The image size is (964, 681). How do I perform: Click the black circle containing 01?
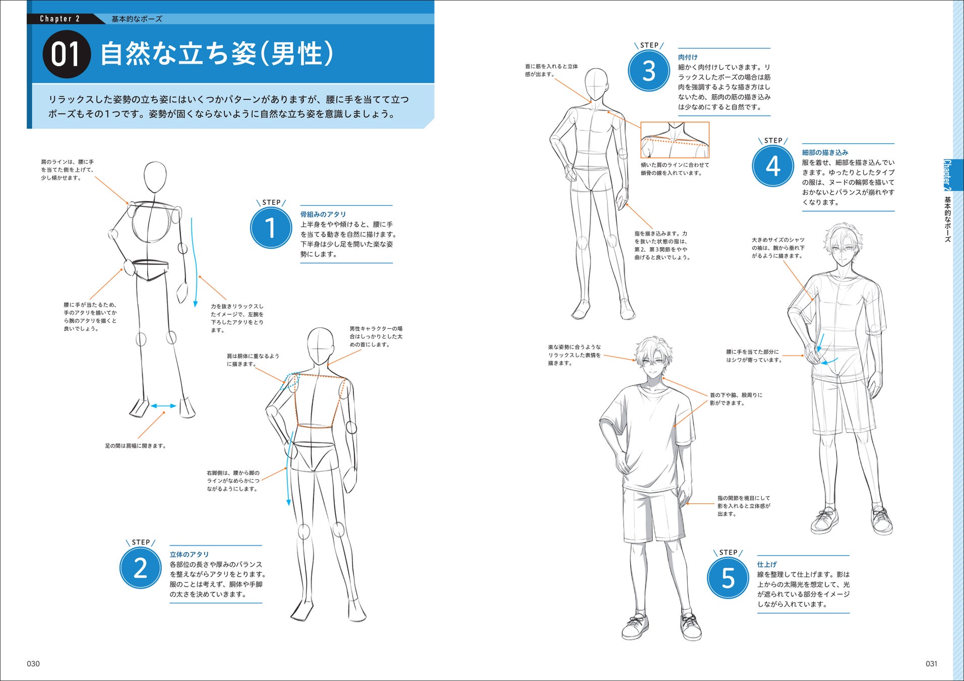click(x=66, y=54)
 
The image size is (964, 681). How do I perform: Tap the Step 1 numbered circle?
click(x=271, y=228)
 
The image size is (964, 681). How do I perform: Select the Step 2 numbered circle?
click(x=140, y=568)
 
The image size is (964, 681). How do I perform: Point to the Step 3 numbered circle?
click(x=649, y=71)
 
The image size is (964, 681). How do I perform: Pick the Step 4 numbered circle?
click(x=773, y=166)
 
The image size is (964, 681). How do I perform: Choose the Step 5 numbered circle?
click(x=728, y=578)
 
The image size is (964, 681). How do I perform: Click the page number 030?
click(x=33, y=664)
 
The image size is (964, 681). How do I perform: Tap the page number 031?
click(x=931, y=664)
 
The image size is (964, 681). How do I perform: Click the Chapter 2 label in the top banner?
click(x=60, y=19)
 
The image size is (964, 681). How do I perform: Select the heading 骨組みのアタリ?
click(x=323, y=214)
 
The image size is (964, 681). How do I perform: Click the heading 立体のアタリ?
click(x=189, y=554)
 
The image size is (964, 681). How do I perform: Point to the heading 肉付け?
click(x=688, y=58)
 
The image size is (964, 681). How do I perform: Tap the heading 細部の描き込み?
click(x=825, y=152)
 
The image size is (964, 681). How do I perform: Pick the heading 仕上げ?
click(x=767, y=564)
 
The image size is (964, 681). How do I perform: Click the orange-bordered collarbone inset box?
click(x=675, y=122)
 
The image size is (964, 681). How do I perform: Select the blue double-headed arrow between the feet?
click(x=163, y=406)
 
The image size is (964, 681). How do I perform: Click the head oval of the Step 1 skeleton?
click(x=155, y=177)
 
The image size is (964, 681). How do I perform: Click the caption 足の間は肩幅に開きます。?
click(x=136, y=446)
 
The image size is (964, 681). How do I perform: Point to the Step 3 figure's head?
click(x=596, y=85)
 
